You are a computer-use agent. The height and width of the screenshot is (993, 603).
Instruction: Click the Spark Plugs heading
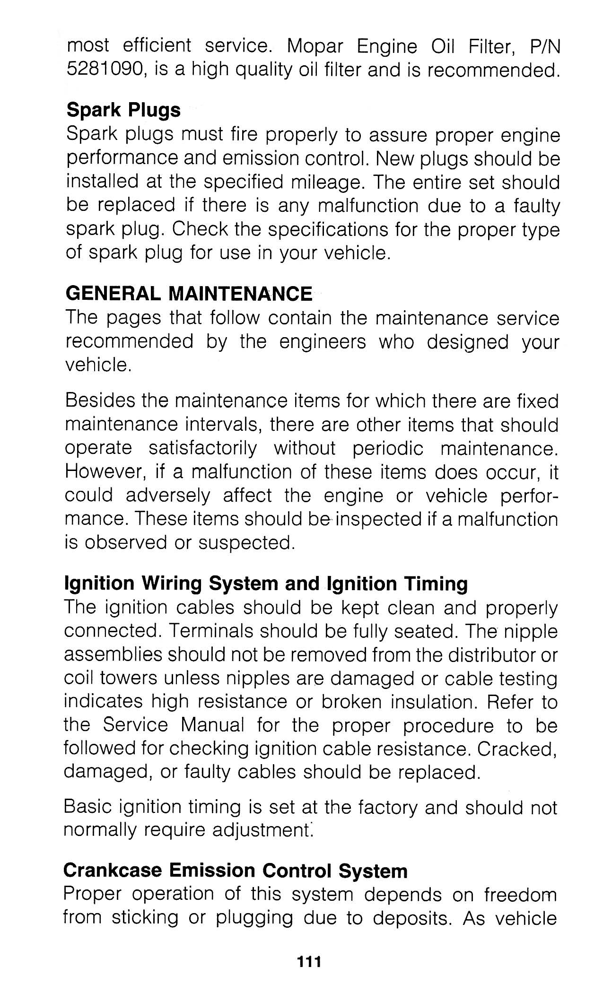pyautogui.click(x=123, y=110)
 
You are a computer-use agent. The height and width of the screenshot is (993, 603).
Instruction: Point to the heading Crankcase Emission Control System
pyautogui.click(x=235, y=871)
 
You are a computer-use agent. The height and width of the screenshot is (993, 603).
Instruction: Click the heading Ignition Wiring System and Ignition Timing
pyautogui.click(x=265, y=584)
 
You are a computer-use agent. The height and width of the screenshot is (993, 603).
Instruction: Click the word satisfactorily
pyautogui.click(x=203, y=448)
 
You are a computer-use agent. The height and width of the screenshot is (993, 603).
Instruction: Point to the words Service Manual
pyautogui.click(x=174, y=725)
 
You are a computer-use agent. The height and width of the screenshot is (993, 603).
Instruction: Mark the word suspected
pyautogui.click(x=246, y=543)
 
